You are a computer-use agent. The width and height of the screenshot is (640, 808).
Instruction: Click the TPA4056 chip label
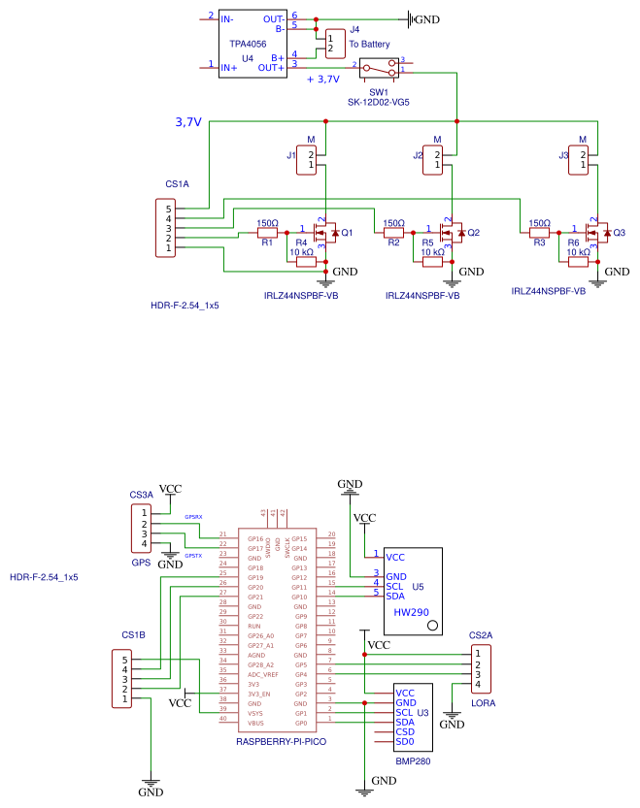click(248, 44)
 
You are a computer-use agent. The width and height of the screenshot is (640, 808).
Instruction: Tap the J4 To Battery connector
click(335, 43)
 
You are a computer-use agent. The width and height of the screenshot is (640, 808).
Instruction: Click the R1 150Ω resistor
click(267, 233)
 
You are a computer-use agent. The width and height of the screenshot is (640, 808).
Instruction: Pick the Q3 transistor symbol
click(597, 233)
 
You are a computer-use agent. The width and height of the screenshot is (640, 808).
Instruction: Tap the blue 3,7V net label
click(188, 122)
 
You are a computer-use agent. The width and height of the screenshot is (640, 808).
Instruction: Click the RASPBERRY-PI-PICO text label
click(281, 742)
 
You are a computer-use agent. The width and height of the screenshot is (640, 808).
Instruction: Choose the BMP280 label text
click(413, 762)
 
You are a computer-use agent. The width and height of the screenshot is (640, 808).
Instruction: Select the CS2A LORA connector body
click(477, 668)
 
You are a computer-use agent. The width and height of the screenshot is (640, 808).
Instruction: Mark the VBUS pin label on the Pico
click(254, 723)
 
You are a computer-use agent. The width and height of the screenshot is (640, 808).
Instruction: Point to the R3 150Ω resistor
click(540, 233)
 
